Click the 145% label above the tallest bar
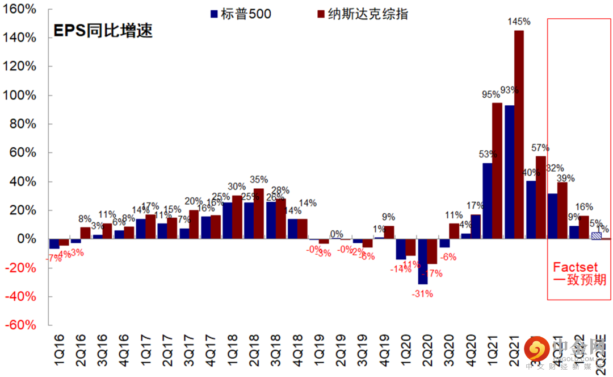[x=519, y=22]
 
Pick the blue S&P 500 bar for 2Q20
[x=422, y=262]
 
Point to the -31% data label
[x=423, y=293]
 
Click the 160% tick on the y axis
[x=21, y=9]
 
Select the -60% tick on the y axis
[x=21, y=325]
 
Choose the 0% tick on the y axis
[x=26, y=239]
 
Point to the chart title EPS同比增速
[x=103, y=31]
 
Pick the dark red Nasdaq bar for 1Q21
[x=497, y=171]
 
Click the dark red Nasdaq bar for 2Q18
[x=258, y=214]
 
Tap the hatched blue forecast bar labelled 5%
[x=596, y=235]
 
